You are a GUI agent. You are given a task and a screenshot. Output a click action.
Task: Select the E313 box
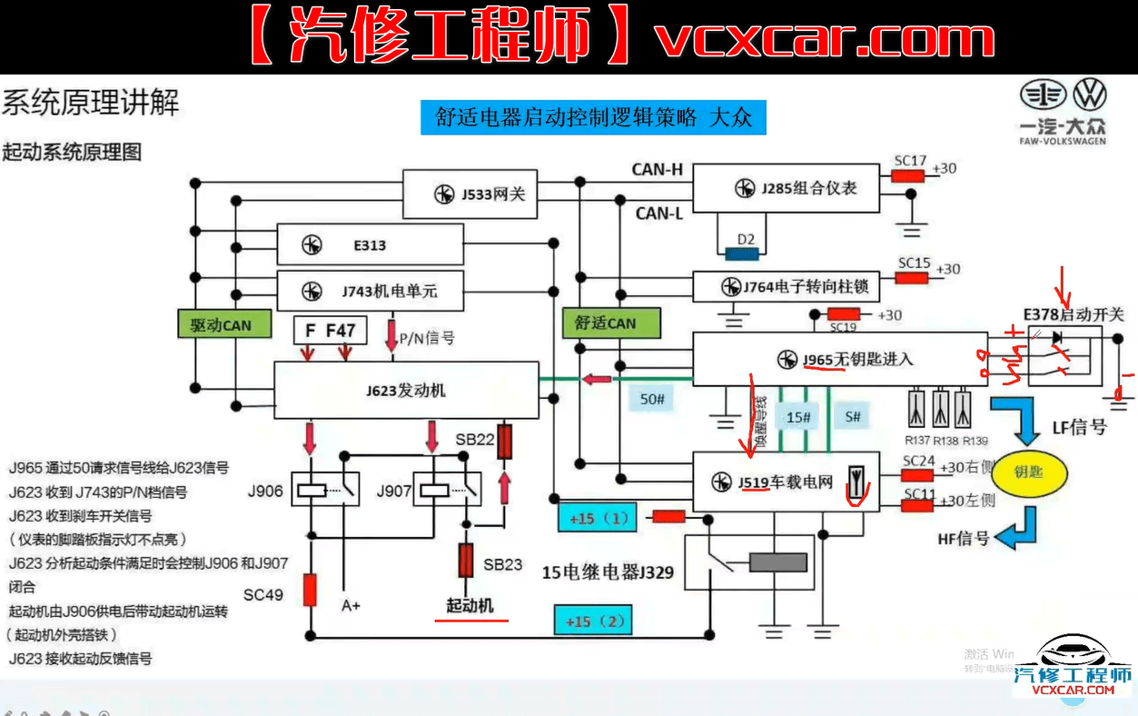coord(370,245)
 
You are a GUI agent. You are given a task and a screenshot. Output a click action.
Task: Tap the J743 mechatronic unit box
coord(370,291)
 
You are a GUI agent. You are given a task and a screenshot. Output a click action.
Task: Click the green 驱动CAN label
coord(221,324)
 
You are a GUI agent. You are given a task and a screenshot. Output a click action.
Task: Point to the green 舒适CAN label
coord(606,323)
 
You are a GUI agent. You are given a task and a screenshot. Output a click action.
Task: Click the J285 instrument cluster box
coord(786,189)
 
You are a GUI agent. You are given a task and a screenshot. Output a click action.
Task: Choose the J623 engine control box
coord(406,392)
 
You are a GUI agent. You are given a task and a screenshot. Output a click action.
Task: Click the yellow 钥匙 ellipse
coord(1029,473)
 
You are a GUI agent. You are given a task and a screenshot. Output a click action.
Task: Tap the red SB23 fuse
coord(466,561)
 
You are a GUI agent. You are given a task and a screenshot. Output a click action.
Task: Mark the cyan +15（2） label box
coord(593,622)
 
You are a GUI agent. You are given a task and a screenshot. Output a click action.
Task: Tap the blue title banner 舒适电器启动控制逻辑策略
coord(593,118)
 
